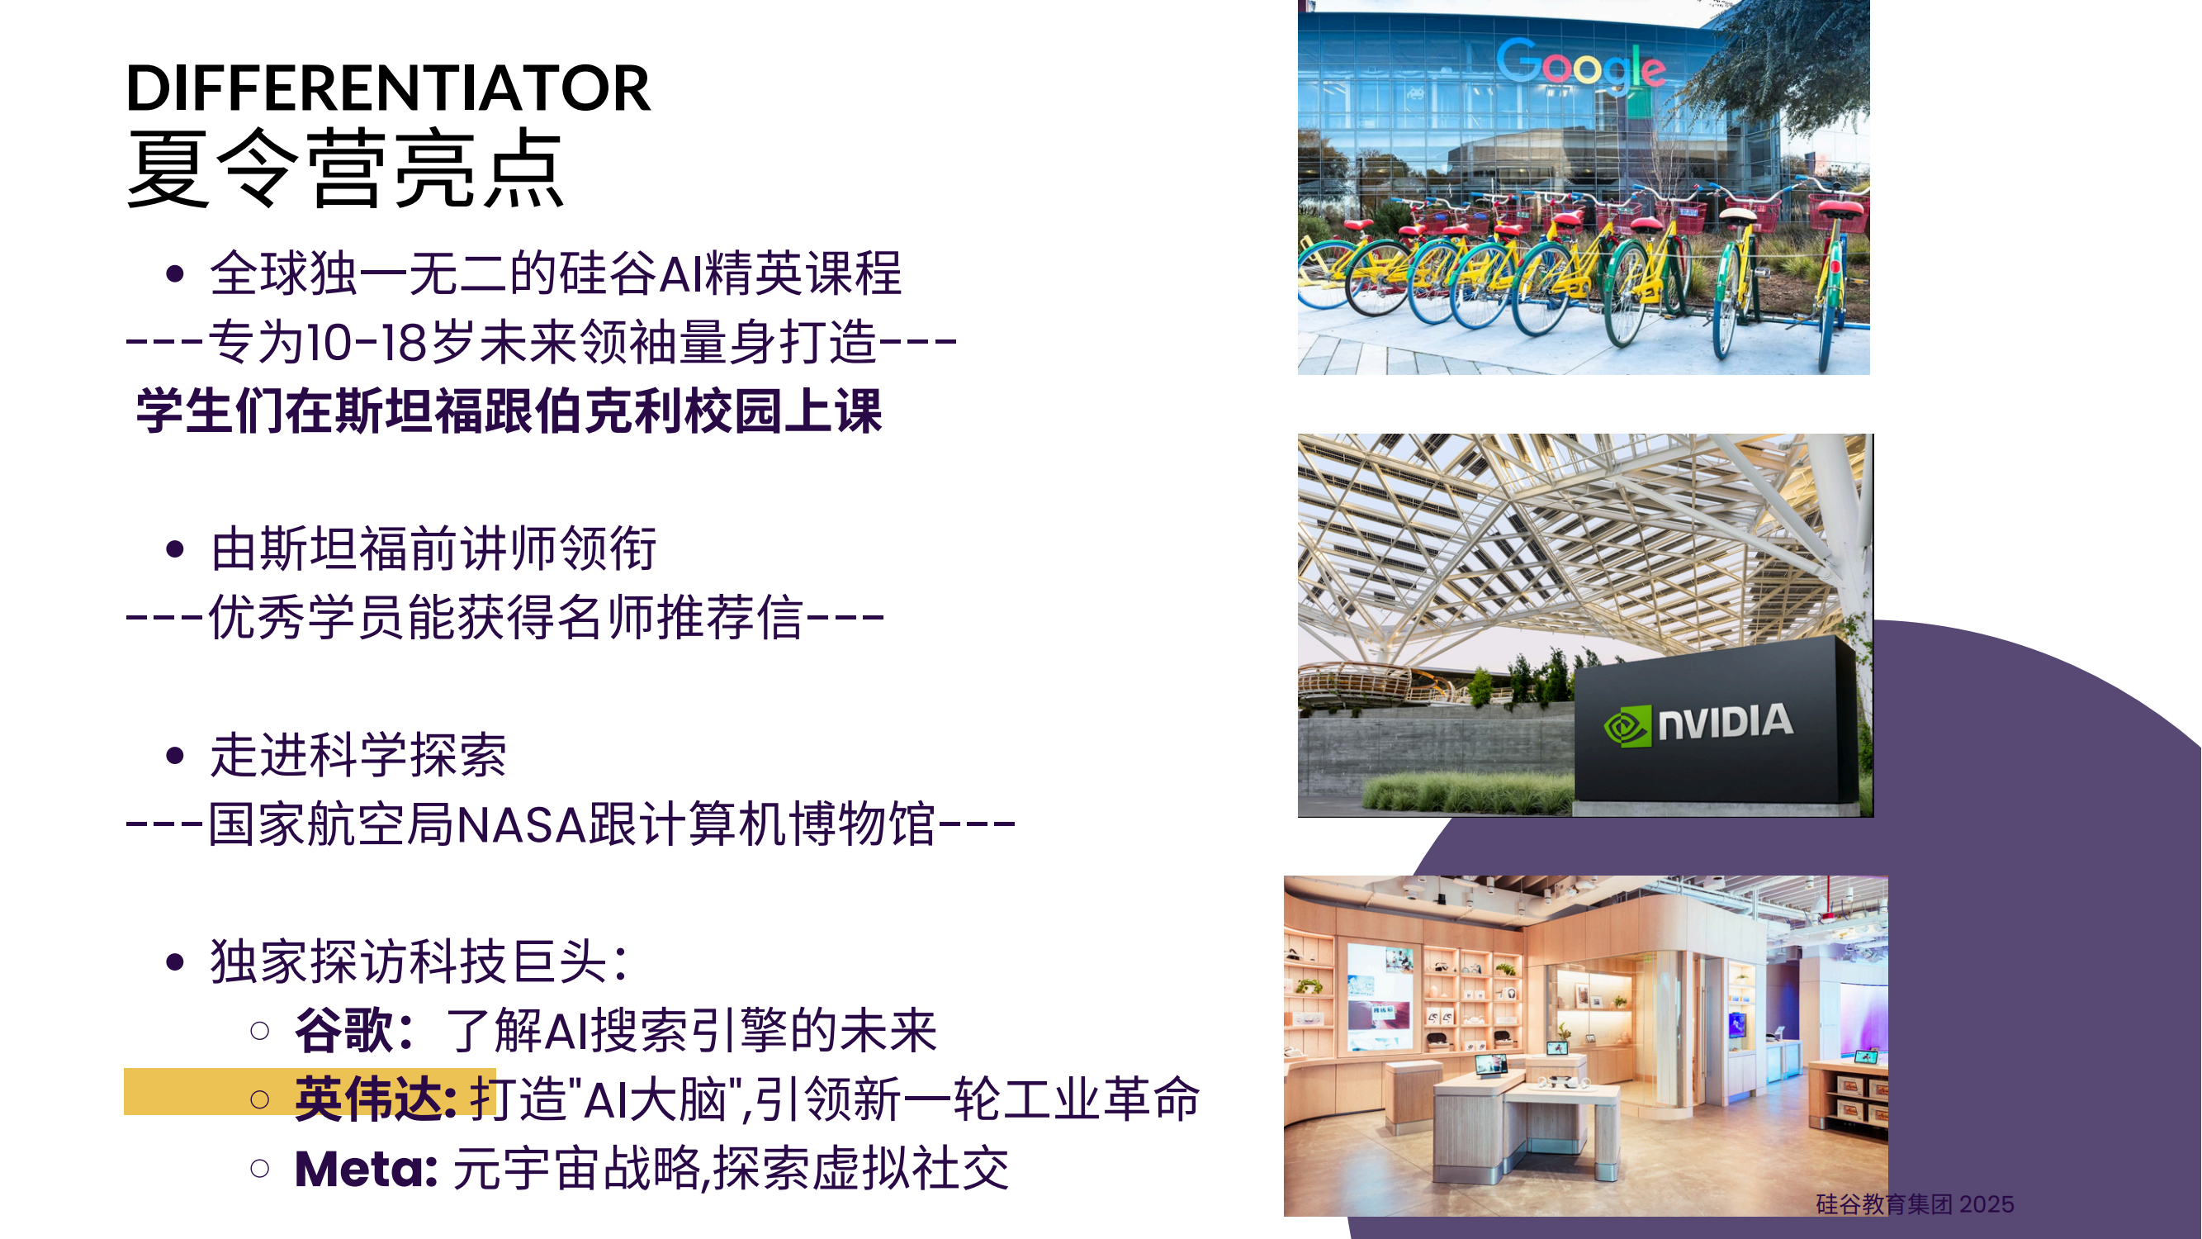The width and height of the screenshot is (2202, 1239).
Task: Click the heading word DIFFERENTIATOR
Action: [x=388, y=88]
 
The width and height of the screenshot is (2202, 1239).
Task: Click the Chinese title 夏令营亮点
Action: [x=344, y=169]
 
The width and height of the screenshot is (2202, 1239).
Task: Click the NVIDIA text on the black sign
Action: [x=1725, y=723]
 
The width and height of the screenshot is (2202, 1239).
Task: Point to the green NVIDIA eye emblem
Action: [x=1627, y=726]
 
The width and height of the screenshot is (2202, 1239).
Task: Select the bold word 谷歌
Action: [x=343, y=1030]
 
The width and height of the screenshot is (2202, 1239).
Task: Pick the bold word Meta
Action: [x=366, y=1169]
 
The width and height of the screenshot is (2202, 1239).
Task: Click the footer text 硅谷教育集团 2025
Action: [x=1915, y=1204]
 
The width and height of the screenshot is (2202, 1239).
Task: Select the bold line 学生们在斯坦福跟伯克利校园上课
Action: [x=509, y=411]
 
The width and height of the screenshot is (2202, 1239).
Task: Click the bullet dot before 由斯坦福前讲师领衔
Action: [x=175, y=549]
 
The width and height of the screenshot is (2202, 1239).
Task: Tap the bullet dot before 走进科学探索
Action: [x=175, y=756]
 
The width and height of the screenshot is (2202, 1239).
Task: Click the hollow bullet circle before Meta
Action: [x=260, y=1168]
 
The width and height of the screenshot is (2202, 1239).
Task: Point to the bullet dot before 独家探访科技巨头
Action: [x=175, y=963]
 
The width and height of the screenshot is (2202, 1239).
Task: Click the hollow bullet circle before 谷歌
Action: [x=260, y=1030]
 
